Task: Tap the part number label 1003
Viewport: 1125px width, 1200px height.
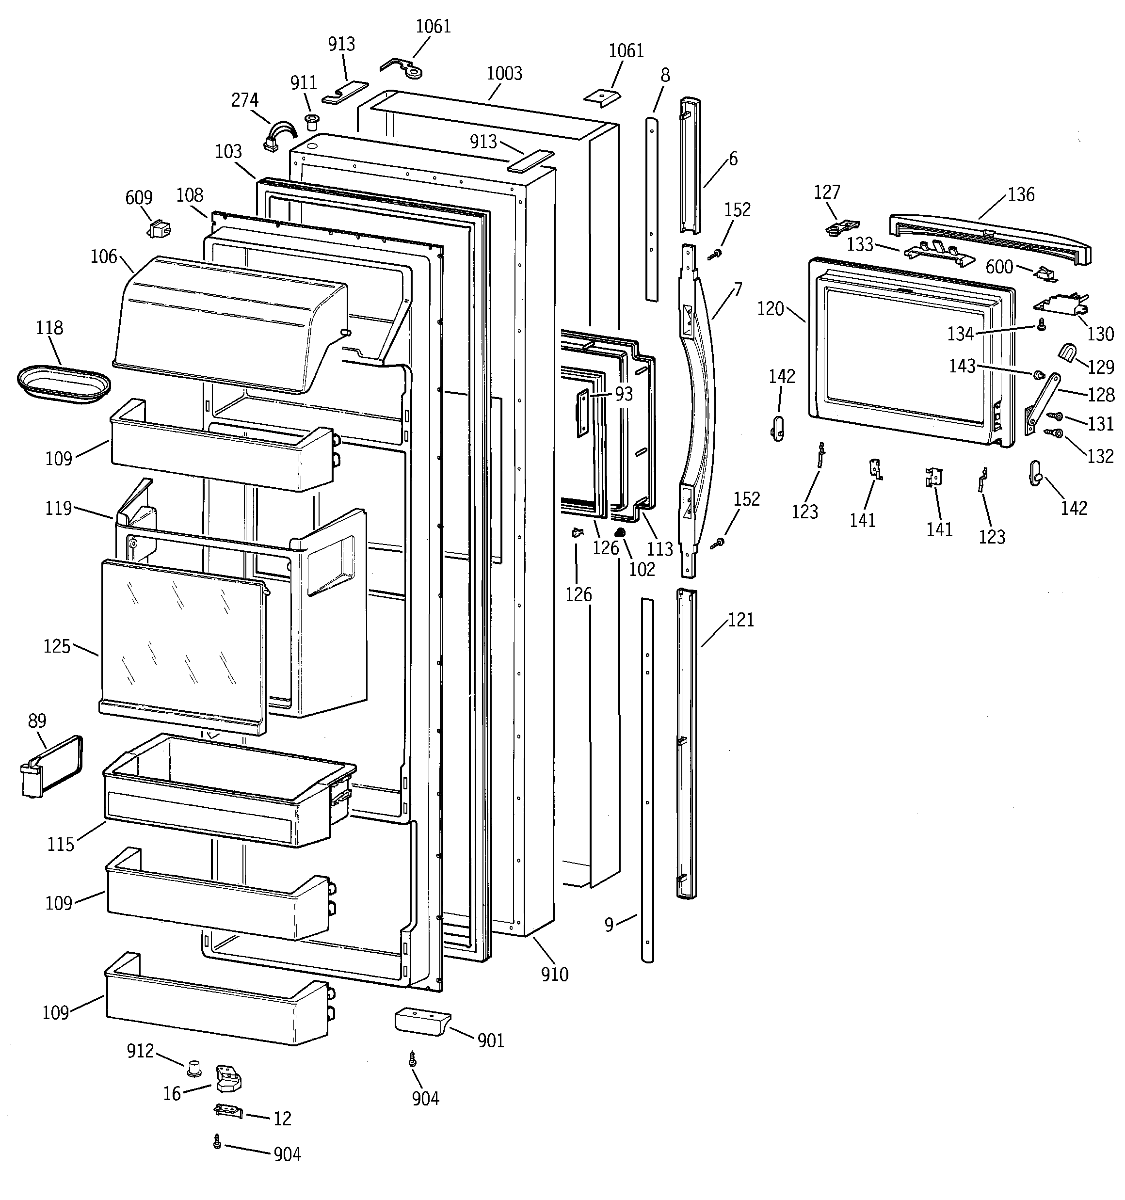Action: [x=504, y=74]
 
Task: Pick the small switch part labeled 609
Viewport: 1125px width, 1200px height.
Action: [x=159, y=229]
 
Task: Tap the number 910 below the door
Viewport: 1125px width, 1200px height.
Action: [x=554, y=974]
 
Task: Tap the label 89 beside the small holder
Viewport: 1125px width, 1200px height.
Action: [x=37, y=720]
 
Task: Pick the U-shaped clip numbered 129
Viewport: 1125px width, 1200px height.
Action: [x=1068, y=352]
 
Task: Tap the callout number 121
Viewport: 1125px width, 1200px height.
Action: [x=741, y=620]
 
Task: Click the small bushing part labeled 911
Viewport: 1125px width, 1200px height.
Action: [x=312, y=121]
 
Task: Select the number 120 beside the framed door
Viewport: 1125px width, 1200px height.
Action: [x=771, y=309]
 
